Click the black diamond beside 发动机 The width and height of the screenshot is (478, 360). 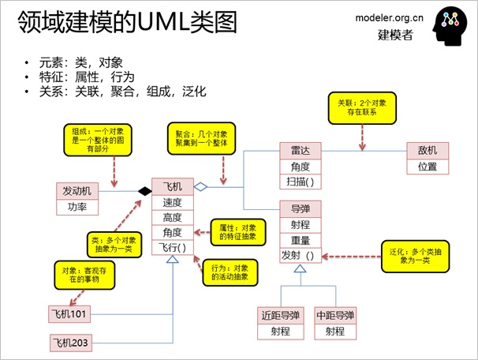point(144,190)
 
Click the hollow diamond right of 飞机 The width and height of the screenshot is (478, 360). point(200,187)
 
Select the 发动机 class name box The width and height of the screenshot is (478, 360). point(77,190)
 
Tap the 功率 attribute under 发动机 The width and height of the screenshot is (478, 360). point(77,208)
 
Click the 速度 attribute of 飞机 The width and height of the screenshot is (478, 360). point(172,202)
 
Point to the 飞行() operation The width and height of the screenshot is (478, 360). point(172,248)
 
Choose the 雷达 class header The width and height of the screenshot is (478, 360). point(301,151)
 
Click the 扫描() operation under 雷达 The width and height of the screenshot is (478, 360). point(301,182)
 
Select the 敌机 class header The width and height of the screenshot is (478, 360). point(428,151)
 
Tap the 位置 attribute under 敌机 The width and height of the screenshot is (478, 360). point(428,167)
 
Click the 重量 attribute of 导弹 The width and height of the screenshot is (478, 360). point(301,239)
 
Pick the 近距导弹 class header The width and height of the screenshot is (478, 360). point(281,315)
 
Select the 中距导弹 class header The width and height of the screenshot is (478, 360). point(334,315)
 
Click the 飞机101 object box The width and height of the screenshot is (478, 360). point(70,315)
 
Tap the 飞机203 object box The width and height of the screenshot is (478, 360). point(72,343)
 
